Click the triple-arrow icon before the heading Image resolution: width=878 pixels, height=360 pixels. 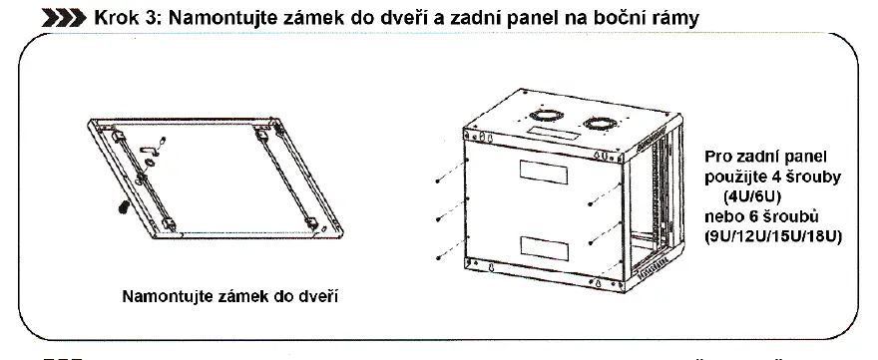click(x=64, y=19)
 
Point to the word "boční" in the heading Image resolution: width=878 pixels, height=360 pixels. click(x=617, y=18)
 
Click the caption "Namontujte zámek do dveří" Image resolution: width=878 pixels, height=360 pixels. click(x=230, y=296)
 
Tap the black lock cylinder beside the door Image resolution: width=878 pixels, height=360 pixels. click(x=122, y=206)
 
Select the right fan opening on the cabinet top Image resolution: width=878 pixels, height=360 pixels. click(x=600, y=124)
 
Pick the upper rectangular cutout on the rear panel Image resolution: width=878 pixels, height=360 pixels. click(x=543, y=173)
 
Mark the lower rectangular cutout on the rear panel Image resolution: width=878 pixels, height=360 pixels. click(x=544, y=248)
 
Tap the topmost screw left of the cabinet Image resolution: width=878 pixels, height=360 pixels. click(x=450, y=173)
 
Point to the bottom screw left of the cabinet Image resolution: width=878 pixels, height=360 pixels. click(x=450, y=249)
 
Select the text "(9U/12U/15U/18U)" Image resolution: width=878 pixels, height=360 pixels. click(x=773, y=236)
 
